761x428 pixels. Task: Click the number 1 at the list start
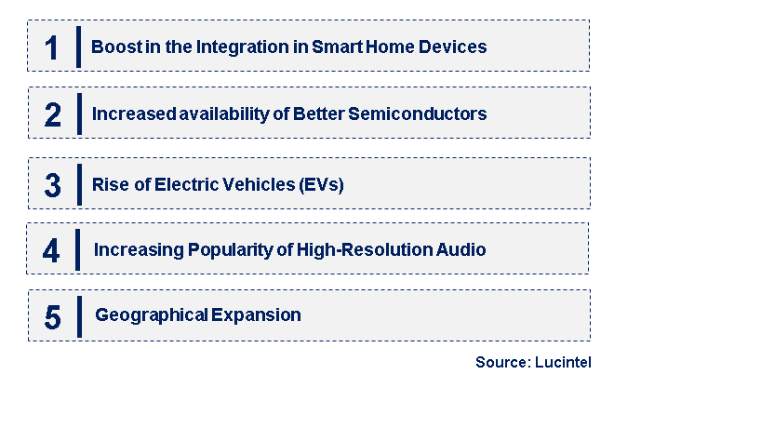pos(52,47)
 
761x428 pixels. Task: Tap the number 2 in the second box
pos(52,114)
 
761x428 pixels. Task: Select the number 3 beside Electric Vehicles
pos(52,184)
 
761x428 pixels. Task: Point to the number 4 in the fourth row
pos(52,250)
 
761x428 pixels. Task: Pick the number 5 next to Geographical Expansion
pos(52,316)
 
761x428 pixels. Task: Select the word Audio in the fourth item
pos(461,250)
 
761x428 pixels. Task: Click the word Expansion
pos(256,315)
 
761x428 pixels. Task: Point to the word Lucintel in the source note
pos(564,363)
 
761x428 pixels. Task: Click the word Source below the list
pos(501,363)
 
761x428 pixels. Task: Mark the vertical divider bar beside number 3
pos(78,183)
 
